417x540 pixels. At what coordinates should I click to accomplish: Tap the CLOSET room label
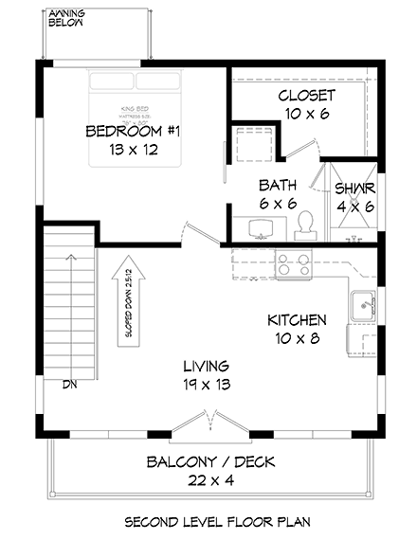[x=306, y=96]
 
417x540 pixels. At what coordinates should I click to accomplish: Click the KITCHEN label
[x=298, y=320]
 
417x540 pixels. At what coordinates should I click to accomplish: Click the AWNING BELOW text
[x=63, y=18]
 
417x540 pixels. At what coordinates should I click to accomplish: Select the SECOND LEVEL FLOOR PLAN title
[x=206, y=521]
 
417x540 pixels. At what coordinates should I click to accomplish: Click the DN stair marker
[x=69, y=385]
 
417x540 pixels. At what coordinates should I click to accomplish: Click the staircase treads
[x=69, y=303]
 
